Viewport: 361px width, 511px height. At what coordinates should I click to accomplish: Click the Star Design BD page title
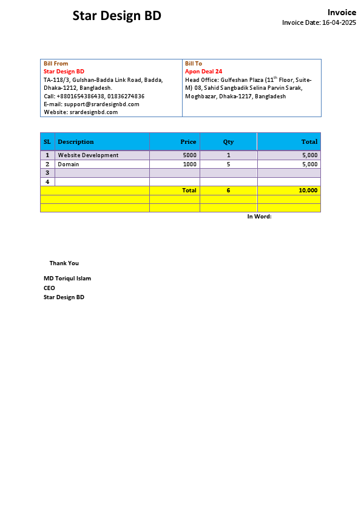(x=117, y=16)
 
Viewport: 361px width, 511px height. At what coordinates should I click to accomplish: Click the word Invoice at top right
(x=342, y=12)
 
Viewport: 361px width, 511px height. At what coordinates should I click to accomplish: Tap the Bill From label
(x=56, y=64)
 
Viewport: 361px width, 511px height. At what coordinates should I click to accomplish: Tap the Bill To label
(x=194, y=64)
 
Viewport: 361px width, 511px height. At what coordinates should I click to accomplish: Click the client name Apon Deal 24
(x=203, y=72)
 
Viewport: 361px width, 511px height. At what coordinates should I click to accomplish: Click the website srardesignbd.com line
(x=81, y=112)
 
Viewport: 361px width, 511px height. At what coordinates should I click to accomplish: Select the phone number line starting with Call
(x=94, y=96)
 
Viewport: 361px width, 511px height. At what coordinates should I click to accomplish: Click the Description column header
(x=76, y=142)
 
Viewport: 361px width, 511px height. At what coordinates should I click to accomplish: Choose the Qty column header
(x=228, y=142)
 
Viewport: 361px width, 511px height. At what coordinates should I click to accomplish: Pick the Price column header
(x=188, y=142)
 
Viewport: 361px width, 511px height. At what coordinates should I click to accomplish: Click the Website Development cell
(x=88, y=155)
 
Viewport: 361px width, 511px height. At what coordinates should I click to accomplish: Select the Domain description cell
(x=69, y=164)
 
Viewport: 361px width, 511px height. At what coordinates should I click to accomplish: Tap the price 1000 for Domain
(x=190, y=164)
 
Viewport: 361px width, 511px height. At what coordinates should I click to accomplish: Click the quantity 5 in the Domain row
(x=229, y=164)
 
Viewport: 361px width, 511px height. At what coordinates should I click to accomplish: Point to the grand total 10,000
(x=308, y=191)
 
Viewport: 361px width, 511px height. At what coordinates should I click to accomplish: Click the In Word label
(x=259, y=217)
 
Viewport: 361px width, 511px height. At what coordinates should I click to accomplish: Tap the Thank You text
(x=64, y=263)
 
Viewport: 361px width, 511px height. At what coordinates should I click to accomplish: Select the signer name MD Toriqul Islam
(x=67, y=279)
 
